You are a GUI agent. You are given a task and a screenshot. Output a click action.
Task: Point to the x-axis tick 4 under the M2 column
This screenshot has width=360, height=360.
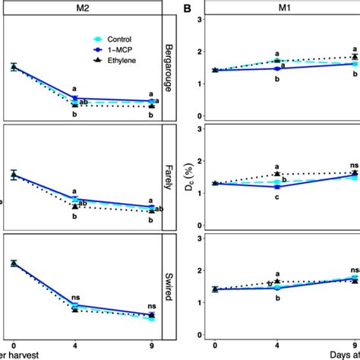coord(74,346)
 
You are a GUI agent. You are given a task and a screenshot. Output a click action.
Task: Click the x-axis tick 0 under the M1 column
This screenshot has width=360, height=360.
coord(216,346)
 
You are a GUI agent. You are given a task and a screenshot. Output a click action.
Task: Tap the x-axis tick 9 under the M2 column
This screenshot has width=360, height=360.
coord(152,346)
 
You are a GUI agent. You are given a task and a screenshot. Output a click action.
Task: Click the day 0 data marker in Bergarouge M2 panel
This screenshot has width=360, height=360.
coord(13,67)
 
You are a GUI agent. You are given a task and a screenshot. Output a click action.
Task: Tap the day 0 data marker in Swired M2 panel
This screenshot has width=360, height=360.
coord(13,264)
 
